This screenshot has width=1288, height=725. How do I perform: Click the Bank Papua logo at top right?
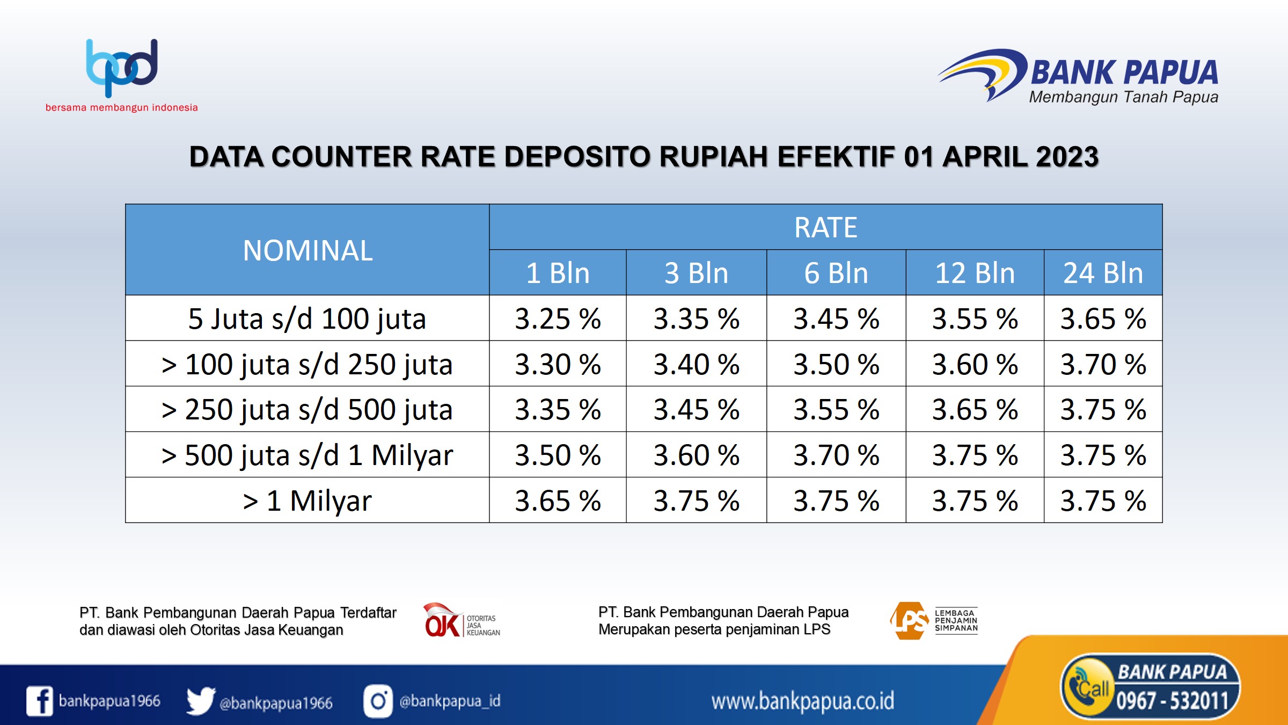click(x=1078, y=77)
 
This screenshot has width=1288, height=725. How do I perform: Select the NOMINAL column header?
click(x=308, y=250)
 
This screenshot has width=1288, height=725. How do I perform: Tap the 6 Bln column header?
click(x=836, y=273)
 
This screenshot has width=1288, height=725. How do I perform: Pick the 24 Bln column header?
click(x=1103, y=273)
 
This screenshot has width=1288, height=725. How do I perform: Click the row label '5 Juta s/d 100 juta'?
click(x=307, y=319)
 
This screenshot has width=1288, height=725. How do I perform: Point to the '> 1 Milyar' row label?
click(x=307, y=501)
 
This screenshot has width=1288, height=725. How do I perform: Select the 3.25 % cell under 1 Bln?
click(x=558, y=319)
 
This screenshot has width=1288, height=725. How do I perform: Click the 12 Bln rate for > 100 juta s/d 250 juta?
click(x=975, y=365)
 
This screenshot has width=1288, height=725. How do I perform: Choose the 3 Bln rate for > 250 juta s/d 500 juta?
click(x=696, y=410)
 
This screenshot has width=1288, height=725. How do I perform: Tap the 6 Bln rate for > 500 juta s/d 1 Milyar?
click(x=836, y=455)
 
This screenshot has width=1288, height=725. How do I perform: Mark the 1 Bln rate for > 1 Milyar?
click(x=558, y=501)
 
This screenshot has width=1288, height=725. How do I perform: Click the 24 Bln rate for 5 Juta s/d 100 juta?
click(x=1103, y=319)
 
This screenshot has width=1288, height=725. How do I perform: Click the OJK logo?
click(x=462, y=620)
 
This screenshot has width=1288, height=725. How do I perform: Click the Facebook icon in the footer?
click(x=40, y=701)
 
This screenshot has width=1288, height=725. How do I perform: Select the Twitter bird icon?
click(x=201, y=701)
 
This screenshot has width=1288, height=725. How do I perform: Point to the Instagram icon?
click(x=378, y=701)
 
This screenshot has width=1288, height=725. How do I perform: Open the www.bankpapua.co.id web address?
click(x=803, y=701)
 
